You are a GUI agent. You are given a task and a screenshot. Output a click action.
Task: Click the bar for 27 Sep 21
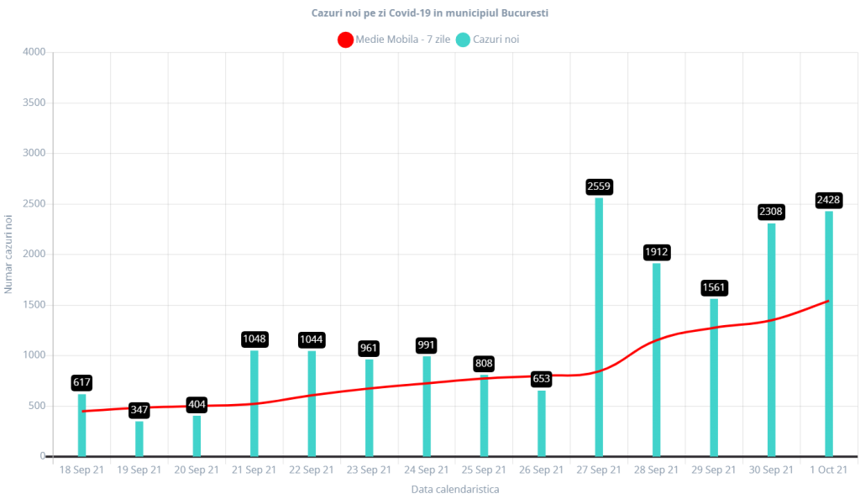click(x=599, y=328)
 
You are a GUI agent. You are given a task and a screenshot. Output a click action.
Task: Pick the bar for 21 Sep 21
click(x=254, y=403)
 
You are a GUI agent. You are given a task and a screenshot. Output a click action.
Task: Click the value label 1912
click(x=657, y=251)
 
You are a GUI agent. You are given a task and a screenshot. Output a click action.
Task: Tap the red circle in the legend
click(x=344, y=39)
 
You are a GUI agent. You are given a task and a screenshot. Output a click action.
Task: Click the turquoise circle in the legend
click(x=463, y=39)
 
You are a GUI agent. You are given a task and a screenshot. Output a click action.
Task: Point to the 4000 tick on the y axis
click(x=34, y=52)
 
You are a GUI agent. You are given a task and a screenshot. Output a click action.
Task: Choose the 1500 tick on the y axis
click(x=34, y=305)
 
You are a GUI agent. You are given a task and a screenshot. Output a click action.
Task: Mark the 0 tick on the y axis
click(x=41, y=456)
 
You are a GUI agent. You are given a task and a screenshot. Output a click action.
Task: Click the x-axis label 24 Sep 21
click(x=427, y=470)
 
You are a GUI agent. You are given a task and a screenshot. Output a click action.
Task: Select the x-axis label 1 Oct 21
click(x=828, y=470)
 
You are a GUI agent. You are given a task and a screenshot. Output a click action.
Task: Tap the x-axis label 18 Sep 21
click(x=81, y=470)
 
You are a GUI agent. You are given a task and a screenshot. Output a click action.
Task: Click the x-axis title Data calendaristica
click(x=454, y=489)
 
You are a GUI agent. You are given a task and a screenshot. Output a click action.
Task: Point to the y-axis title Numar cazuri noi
click(x=8, y=254)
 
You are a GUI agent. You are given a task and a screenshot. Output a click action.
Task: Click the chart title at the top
click(x=431, y=13)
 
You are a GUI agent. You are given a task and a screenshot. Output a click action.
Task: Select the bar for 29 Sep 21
click(x=714, y=377)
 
